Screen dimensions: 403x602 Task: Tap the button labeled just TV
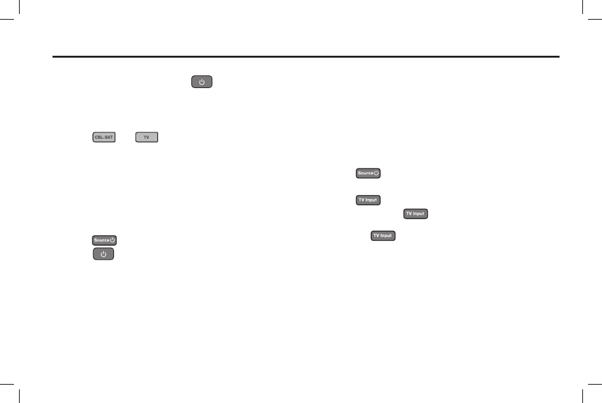146,137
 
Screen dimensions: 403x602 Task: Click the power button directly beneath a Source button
104,253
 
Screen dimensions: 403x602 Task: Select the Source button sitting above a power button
105,240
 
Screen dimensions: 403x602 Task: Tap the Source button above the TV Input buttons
368,173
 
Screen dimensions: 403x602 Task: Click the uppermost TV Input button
368,200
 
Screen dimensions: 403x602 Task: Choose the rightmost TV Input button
416,214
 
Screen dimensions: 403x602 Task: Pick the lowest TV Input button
383,235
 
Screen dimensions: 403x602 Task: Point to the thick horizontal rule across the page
305,56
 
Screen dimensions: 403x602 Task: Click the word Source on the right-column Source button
364,173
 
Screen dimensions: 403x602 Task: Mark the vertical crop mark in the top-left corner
20,7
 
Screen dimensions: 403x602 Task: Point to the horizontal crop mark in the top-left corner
6,19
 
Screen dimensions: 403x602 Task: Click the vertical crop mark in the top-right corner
582,7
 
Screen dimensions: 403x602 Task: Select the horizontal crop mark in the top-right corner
595,19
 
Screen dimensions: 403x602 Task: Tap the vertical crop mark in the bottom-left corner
20,395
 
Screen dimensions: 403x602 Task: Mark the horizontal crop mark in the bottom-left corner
6,383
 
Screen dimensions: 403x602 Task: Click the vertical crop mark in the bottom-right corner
582,395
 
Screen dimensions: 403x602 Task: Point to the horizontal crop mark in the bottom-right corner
595,383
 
